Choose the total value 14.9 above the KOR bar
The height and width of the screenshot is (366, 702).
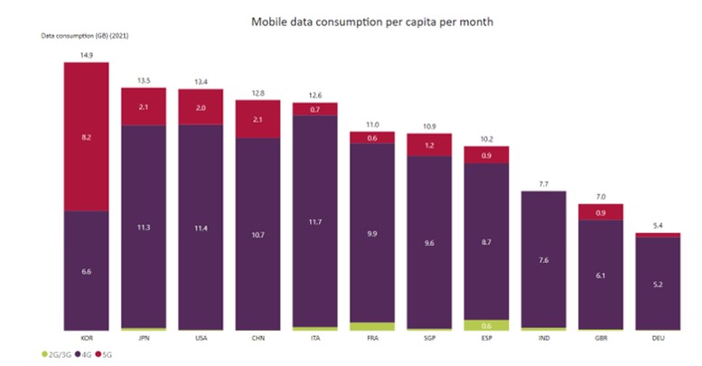tap(86, 54)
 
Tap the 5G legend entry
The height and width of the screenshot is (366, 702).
tap(106, 355)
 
